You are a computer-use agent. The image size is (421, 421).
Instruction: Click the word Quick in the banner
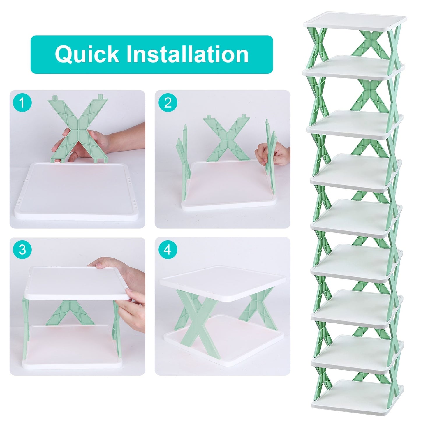tap(87, 54)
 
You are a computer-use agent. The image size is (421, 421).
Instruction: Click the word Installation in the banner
tap(187, 54)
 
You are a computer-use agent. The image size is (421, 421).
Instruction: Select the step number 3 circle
tap(22, 250)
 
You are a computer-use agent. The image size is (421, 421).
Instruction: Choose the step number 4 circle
tap(168, 250)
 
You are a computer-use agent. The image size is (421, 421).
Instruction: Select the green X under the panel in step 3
tap(70, 313)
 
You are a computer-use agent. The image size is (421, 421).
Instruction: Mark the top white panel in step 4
tap(223, 281)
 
